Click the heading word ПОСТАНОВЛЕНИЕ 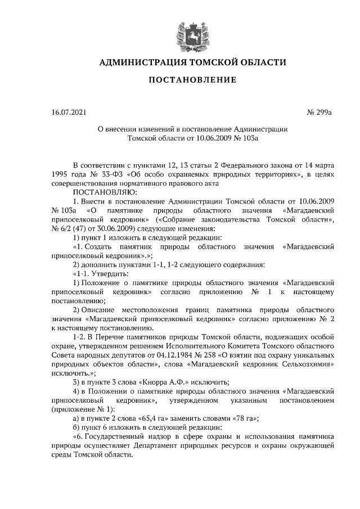pos(192,80)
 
